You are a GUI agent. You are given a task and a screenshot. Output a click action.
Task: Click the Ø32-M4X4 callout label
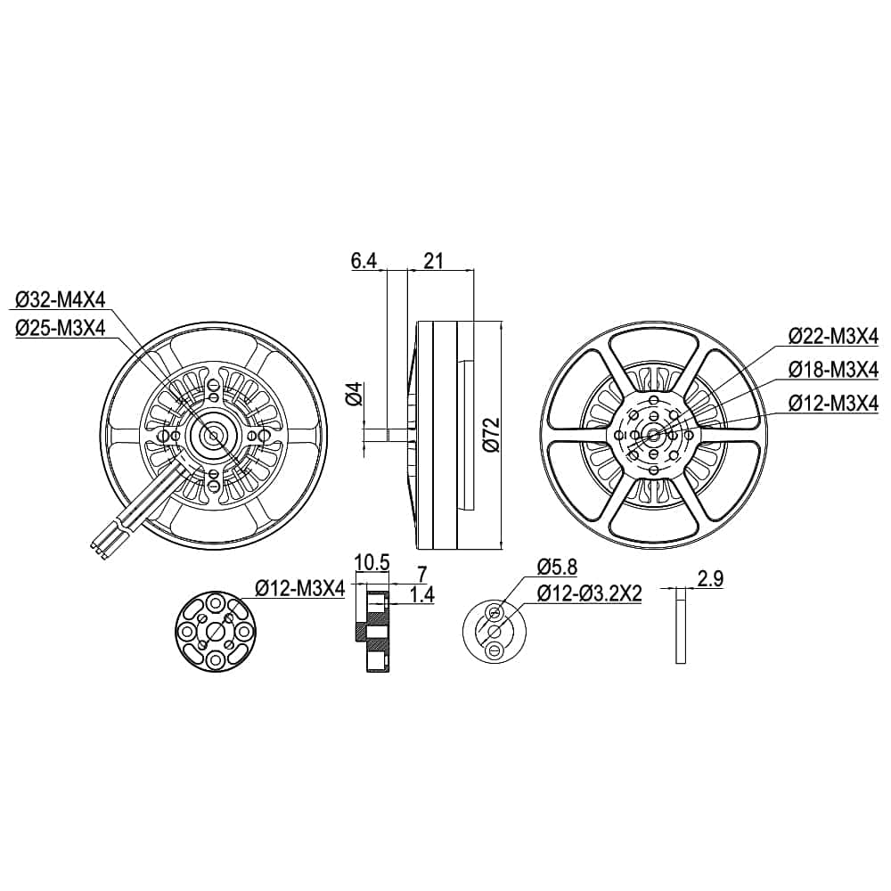(x=61, y=299)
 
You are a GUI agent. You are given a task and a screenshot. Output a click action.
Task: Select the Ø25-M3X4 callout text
(x=61, y=328)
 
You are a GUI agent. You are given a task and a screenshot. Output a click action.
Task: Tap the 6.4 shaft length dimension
(x=364, y=261)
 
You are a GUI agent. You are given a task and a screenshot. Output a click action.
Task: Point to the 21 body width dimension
(x=434, y=261)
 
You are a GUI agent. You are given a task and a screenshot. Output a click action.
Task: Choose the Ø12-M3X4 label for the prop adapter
(x=300, y=589)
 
